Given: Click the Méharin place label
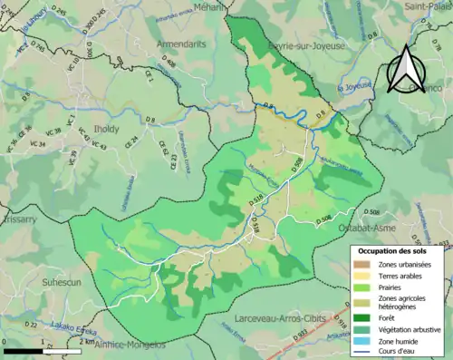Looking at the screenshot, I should (x=208, y=6).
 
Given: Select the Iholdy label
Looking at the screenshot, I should (x=107, y=130).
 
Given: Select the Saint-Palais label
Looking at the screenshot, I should (x=428, y=6).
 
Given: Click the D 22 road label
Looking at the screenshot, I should (x=30, y=324).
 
